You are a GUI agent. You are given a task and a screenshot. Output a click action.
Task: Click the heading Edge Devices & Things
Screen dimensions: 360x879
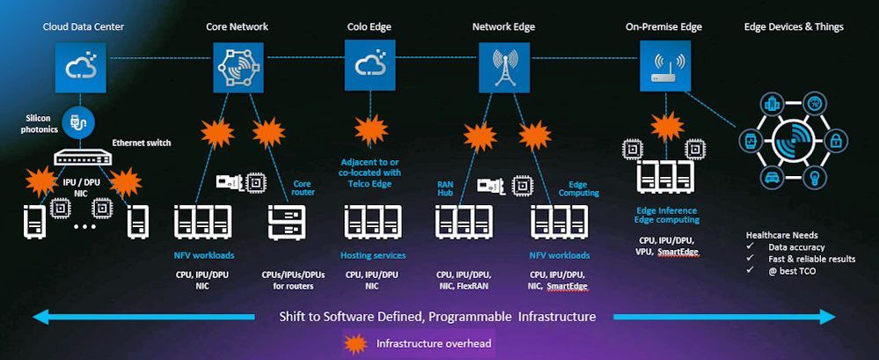click(794, 26)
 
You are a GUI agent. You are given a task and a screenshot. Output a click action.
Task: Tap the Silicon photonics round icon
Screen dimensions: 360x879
click(81, 122)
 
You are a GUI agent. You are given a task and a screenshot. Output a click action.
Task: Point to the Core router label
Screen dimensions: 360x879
click(302, 188)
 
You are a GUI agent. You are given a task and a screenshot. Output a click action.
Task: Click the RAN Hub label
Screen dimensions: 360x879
click(445, 188)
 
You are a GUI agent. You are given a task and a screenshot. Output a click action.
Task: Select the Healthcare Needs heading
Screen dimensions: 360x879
click(781, 235)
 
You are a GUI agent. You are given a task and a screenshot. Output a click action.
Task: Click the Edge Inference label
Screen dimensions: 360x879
click(666, 210)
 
